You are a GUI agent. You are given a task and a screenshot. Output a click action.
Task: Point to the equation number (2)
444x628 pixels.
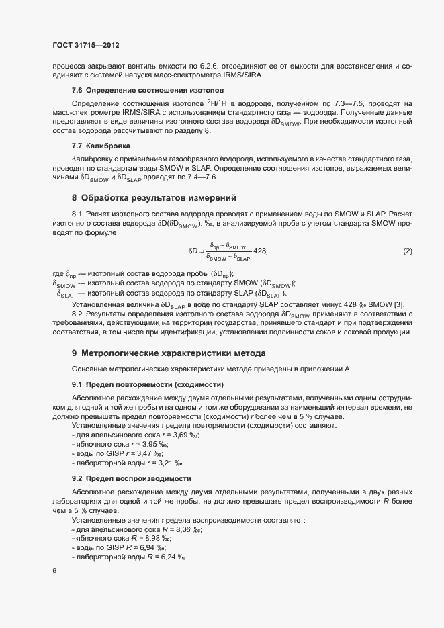(x=407, y=251)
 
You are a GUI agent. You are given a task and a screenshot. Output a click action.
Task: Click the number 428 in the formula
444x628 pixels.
(x=260, y=251)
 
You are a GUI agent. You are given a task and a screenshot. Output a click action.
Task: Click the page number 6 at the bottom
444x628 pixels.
(x=54, y=571)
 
